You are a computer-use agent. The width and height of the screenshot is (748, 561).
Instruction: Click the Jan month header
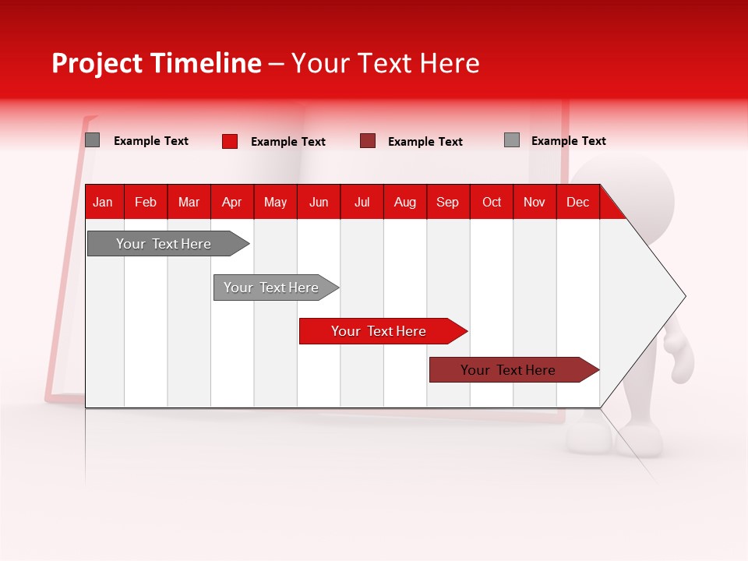[103, 202]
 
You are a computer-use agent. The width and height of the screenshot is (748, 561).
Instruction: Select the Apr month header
[231, 202]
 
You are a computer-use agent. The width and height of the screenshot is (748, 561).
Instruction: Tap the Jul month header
[362, 202]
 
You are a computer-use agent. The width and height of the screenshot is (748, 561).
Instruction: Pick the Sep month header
[447, 202]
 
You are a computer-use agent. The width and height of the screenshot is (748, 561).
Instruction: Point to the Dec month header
[577, 202]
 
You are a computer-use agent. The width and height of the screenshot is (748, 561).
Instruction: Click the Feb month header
[146, 202]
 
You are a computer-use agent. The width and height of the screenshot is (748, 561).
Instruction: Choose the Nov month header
[534, 202]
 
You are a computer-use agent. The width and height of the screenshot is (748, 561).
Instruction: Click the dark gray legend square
[93, 140]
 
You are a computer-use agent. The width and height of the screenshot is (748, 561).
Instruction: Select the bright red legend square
[230, 141]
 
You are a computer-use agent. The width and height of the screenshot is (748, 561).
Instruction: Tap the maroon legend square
[368, 141]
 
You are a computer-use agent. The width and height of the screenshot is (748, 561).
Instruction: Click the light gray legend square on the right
[512, 140]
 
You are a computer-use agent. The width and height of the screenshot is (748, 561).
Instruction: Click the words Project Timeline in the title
[156, 63]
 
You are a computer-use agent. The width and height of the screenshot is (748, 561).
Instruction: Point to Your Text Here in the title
[385, 63]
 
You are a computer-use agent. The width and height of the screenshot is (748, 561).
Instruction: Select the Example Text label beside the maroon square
[425, 142]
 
